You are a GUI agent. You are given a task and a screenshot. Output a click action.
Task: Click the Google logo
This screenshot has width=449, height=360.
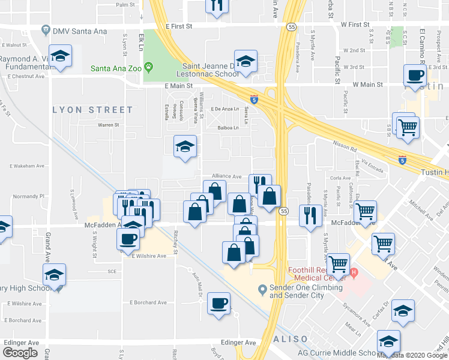pyautogui.click(x=20, y=352)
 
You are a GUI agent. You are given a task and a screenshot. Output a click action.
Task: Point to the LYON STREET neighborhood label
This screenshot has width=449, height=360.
pyautogui.click(x=93, y=110)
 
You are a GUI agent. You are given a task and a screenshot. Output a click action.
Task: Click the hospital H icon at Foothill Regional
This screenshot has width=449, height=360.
pyautogui.click(x=354, y=273)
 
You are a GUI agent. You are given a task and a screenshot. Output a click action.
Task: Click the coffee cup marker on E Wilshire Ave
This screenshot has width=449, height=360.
pyautogui.click(x=128, y=239)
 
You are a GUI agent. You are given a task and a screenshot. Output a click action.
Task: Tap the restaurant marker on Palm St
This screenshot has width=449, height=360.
pyautogui.click(x=216, y=5)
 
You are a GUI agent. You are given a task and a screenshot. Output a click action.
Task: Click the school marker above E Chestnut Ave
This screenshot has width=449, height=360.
pyautogui.click(x=60, y=56)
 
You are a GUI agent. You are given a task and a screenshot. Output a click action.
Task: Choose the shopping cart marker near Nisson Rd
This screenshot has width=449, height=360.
pyautogui.click(x=408, y=127)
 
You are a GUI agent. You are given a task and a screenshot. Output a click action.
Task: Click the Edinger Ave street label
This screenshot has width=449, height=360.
pyautogui.click(x=239, y=343)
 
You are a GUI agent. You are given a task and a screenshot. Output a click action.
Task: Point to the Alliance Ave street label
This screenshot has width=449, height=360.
pyautogui.click(x=225, y=176)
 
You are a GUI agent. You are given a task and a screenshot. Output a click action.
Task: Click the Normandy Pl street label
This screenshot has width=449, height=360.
pyautogui.click(x=29, y=196)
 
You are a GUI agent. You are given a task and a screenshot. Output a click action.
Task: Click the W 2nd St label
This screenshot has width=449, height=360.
pyautogui.click(x=354, y=51)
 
